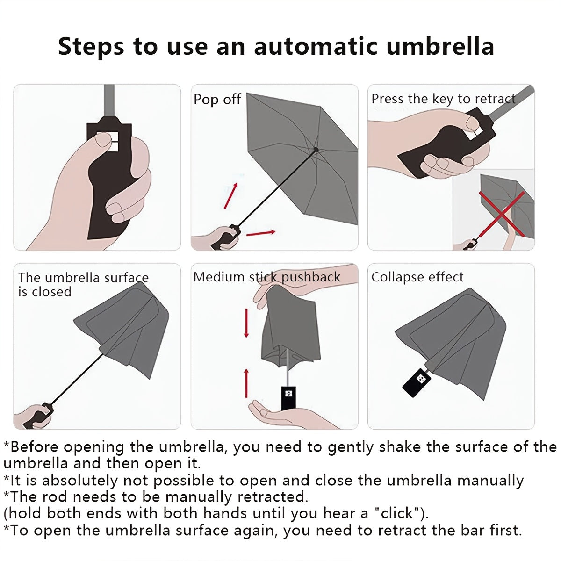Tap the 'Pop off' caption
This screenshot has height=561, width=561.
pos(217,99)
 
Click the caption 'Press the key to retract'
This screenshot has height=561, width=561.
pos(443,99)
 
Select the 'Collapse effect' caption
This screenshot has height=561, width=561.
pos(417,277)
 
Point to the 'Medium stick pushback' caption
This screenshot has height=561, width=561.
pos(266,277)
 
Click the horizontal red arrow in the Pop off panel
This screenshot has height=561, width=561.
pos(260,232)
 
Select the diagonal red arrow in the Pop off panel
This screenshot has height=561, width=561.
pos(231,195)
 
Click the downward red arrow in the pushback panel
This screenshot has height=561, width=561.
pos(246,323)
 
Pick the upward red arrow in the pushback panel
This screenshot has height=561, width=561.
pos(246,382)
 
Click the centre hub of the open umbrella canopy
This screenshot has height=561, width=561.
pos(316,150)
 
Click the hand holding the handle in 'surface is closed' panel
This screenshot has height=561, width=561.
pos(33,416)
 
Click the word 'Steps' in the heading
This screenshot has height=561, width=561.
pos(91,46)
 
